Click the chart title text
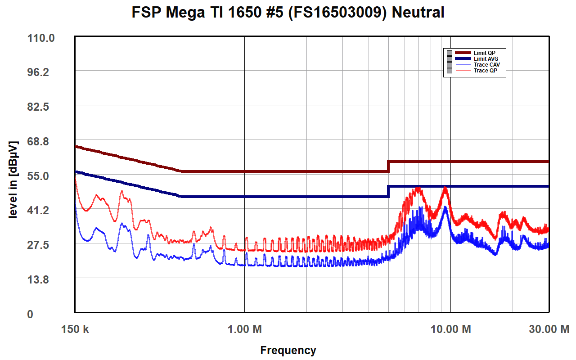pos(288,13)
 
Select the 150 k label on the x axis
pos(75,329)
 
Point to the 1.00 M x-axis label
pos(244,329)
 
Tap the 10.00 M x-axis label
pos(450,329)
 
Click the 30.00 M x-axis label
pos(549,329)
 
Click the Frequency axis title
pos(288,350)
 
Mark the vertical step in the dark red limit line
pos(388,166)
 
